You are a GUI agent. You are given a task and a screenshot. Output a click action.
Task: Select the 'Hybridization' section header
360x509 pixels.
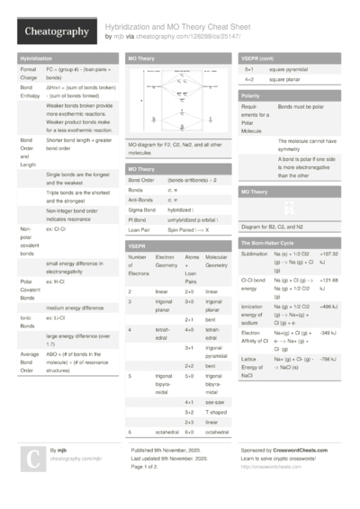tap(36, 58)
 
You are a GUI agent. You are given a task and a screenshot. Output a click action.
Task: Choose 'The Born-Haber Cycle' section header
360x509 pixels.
tap(270, 244)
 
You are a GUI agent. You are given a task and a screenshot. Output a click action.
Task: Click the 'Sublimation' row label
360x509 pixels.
tap(255, 254)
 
